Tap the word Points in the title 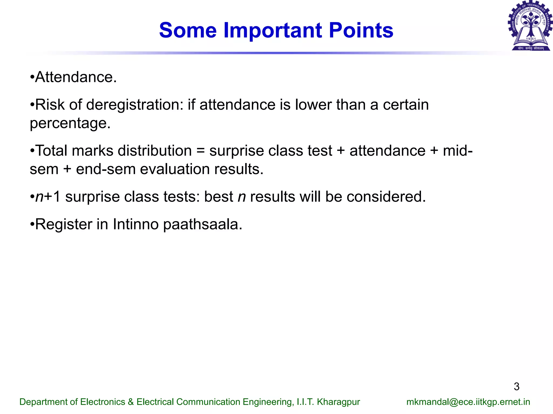click(x=361, y=30)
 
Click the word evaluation click(x=175, y=169)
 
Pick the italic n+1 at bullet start click(x=47, y=197)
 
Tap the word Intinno click(x=136, y=224)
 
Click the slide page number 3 click(x=516, y=387)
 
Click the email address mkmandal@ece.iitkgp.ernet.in click(x=468, y=402)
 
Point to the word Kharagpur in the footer click(x=338, y=402)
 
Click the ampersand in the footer click(x=131, y=402)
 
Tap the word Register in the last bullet click(x=64, y=224)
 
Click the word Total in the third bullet click(x=51, y=151)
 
